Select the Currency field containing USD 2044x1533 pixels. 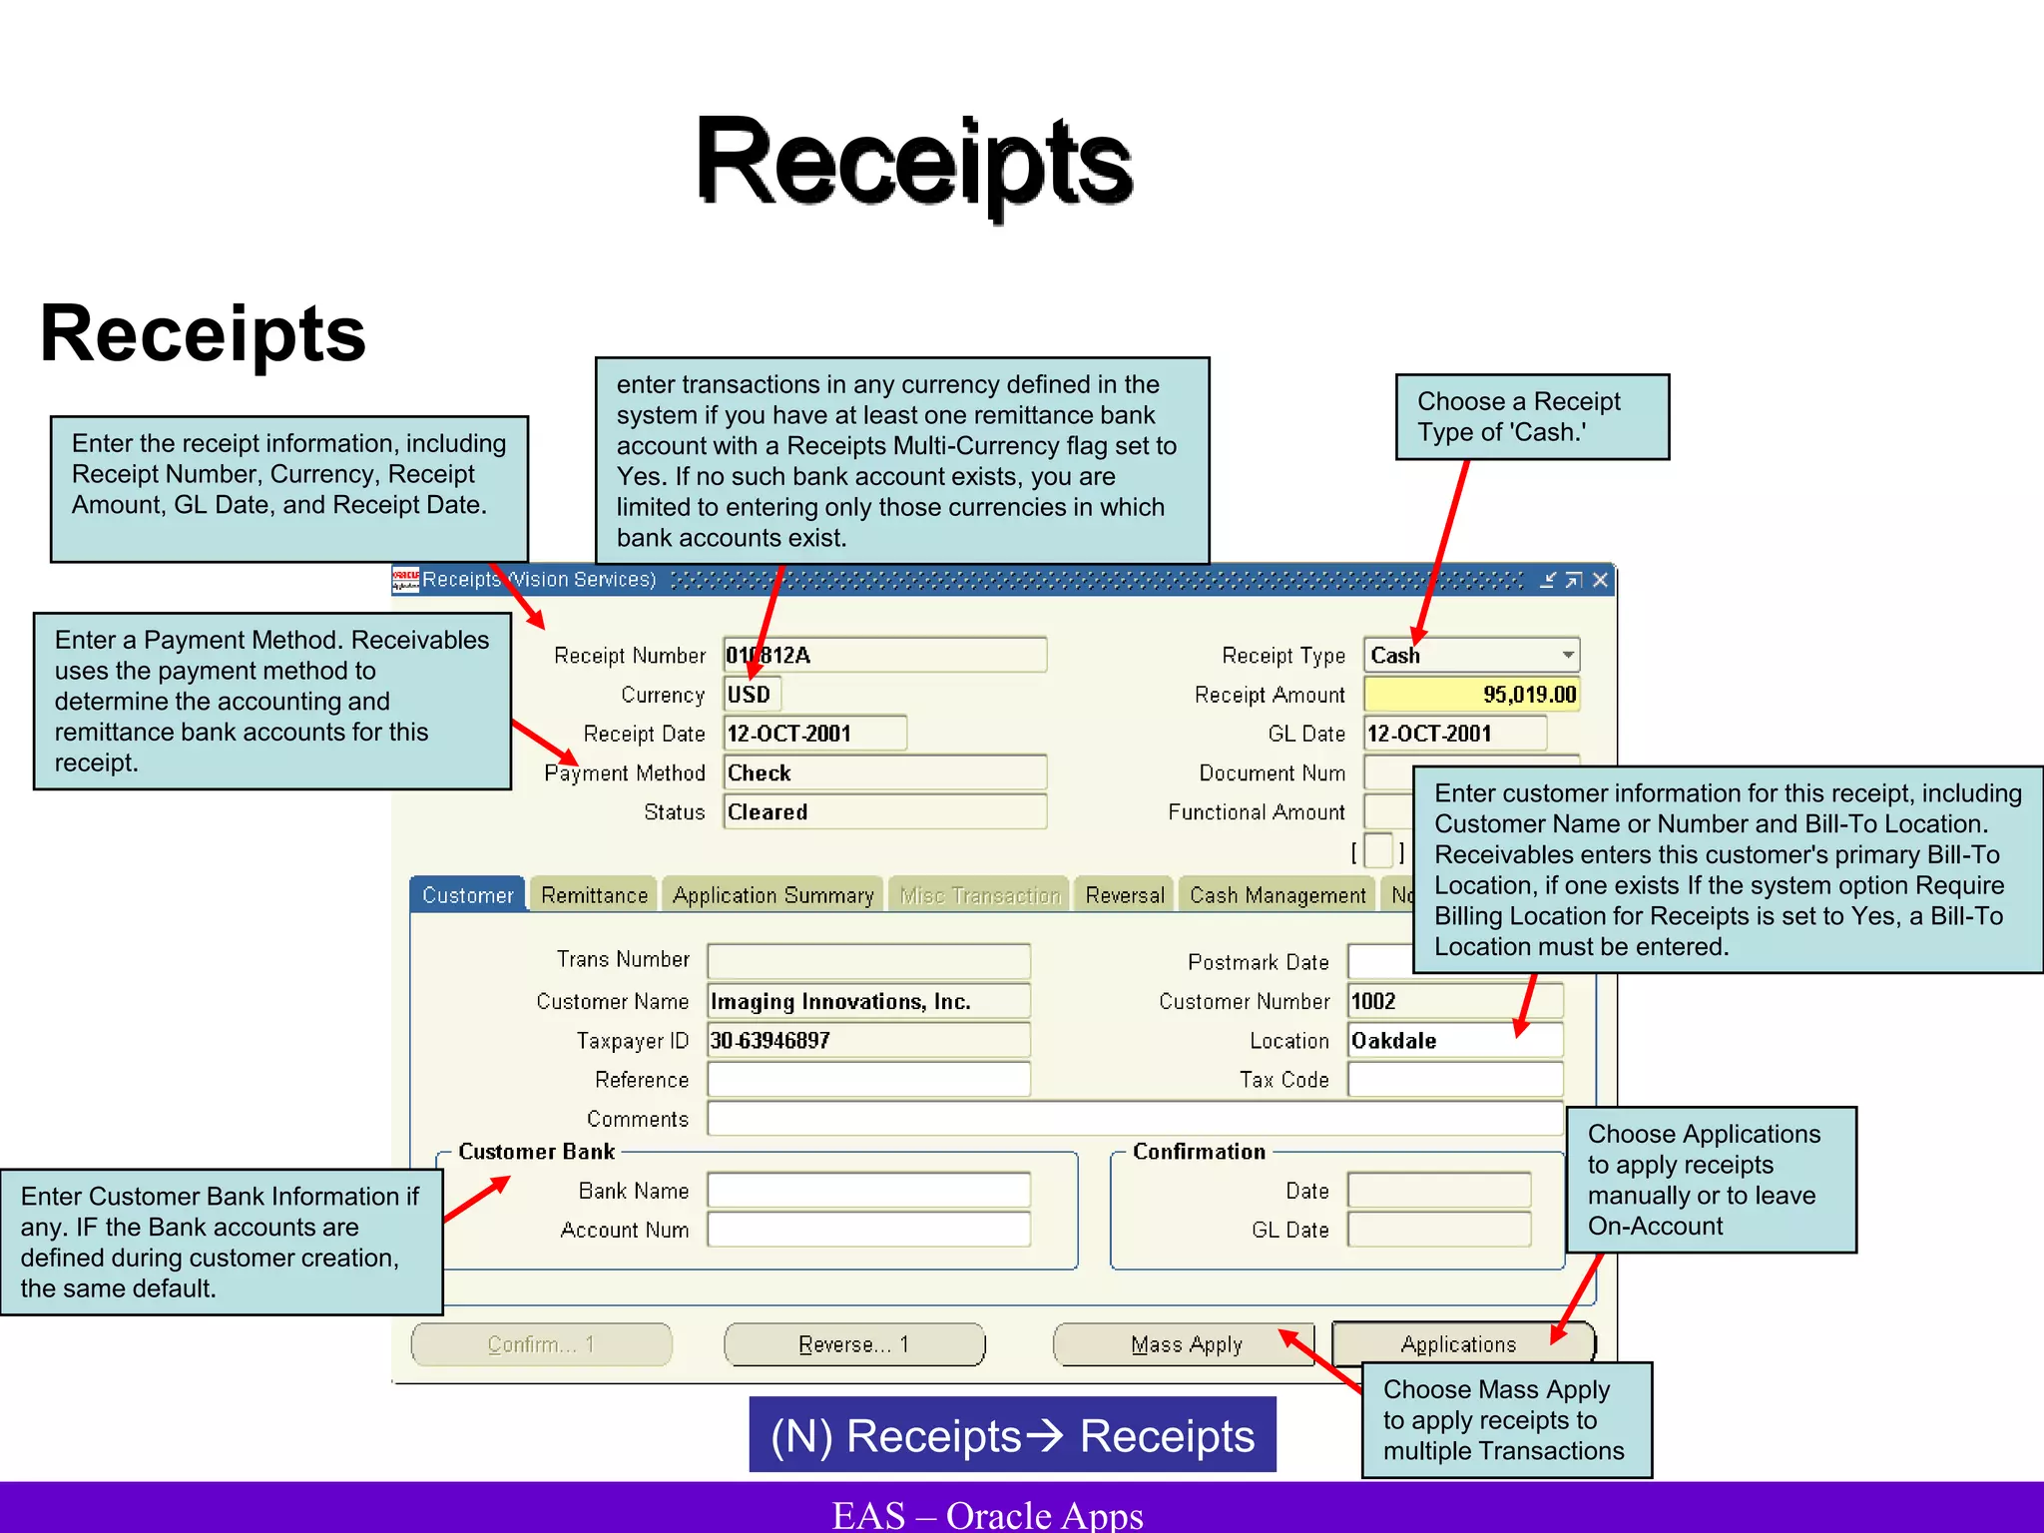click(x=752, y=694)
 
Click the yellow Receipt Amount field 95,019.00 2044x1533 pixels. click(x=1471, y=694)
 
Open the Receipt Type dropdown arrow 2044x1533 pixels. click(x=1568, y=655)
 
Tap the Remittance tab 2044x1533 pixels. click(x=594, y=895)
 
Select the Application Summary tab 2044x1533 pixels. click(x=772, y=895)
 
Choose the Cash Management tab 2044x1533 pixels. click(x=1277, y=895)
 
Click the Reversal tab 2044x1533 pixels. click(x=1124, y=895)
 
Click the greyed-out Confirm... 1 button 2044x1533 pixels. click(x=541, y=1344)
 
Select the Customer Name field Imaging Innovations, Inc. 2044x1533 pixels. click(x=867, y=1001)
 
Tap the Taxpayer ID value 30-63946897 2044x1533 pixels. click(x=867, y=1040)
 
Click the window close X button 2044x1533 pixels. click(x=1600, y=580)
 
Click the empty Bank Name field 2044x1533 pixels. click(x=867, y=1190)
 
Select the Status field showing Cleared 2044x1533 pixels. click(x=883, y=811)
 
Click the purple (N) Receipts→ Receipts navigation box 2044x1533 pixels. click(x=1012, y=1435)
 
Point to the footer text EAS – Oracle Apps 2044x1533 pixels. click(x=987, y=1514)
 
